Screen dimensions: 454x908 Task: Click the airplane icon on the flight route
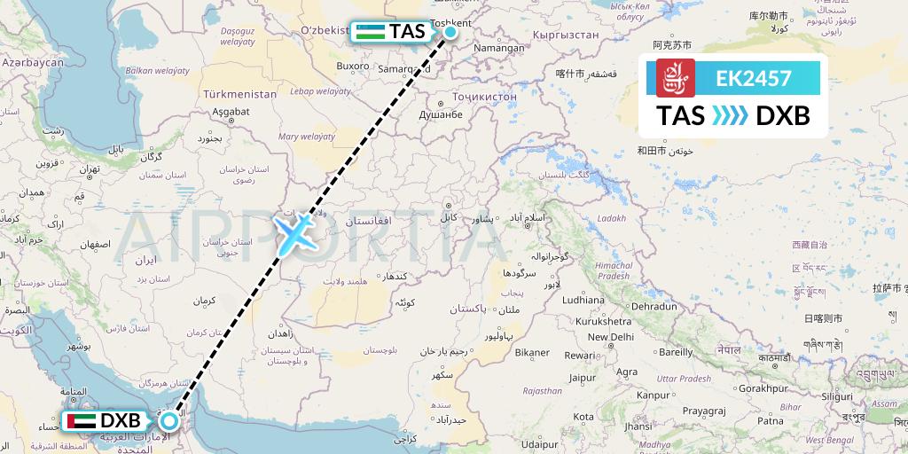pyautogui.click(x=294, y=233)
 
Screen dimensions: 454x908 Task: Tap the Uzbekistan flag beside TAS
pyautogui.click(x=371, y=32)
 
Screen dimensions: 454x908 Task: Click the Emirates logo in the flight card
pyautogui.click(x=676, y=78)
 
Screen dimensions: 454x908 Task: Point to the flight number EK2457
pyautogui.click(x=754, y=78)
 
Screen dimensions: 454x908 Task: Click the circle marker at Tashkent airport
pyautogui.click(x=450, y=33)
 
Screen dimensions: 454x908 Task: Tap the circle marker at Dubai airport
pyautogui.click(x=168, y=420)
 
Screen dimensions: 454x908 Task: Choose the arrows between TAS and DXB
pyautogui.click(x=731, y=116)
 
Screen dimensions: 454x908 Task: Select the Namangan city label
pyautogui.click(x=499, y=50)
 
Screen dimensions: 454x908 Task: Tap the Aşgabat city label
pyautogui.click(x=231, y=112)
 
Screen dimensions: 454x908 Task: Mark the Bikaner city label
pyautogui.click(x=532, y=353)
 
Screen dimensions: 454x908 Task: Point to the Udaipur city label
pyautogui.click(x=544, y=443)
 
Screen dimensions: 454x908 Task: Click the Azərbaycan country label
pyautogui.click(x=33, y=63)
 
